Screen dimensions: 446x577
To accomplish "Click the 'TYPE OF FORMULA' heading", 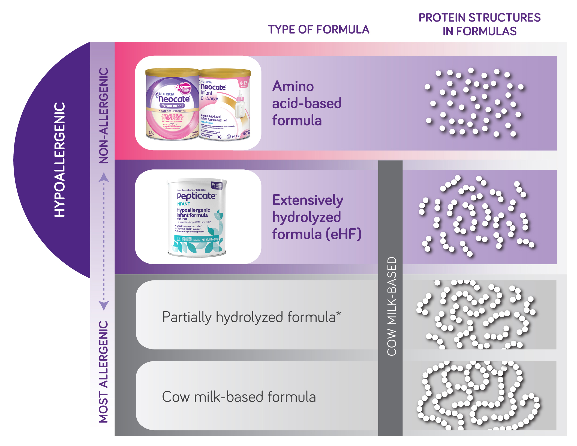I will pyautogui.click(x=318, y=29).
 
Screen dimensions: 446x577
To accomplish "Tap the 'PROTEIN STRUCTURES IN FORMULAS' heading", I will pyautogui.click(x=479, y=24).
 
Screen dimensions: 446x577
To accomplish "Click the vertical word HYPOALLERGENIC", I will pyautogui.click(x=60, y=160).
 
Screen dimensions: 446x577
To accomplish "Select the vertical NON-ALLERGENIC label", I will pyautogui.click(x=104, y=116).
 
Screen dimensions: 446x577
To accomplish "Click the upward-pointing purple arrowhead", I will pyautogui.click(x=104, y=178).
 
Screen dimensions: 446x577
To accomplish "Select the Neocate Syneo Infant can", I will pyautogui.click(x=172, y=104).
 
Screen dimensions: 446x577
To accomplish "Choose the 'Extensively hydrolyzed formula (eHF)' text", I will pyautogui.click(x=317, y=217).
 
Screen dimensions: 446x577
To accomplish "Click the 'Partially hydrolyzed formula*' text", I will pyautogui.click(x=249, y=317).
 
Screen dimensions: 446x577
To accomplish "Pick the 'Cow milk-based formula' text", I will pyautogui.click(x=239, y=397).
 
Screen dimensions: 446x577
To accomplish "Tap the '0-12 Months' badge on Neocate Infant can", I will pyautogui.click(x=244, y=83).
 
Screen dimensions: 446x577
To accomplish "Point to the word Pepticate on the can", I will pyautogui.click(x=196, y=196).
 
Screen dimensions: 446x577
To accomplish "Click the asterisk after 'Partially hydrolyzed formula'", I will pyautogui.click(x=339, y=313).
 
